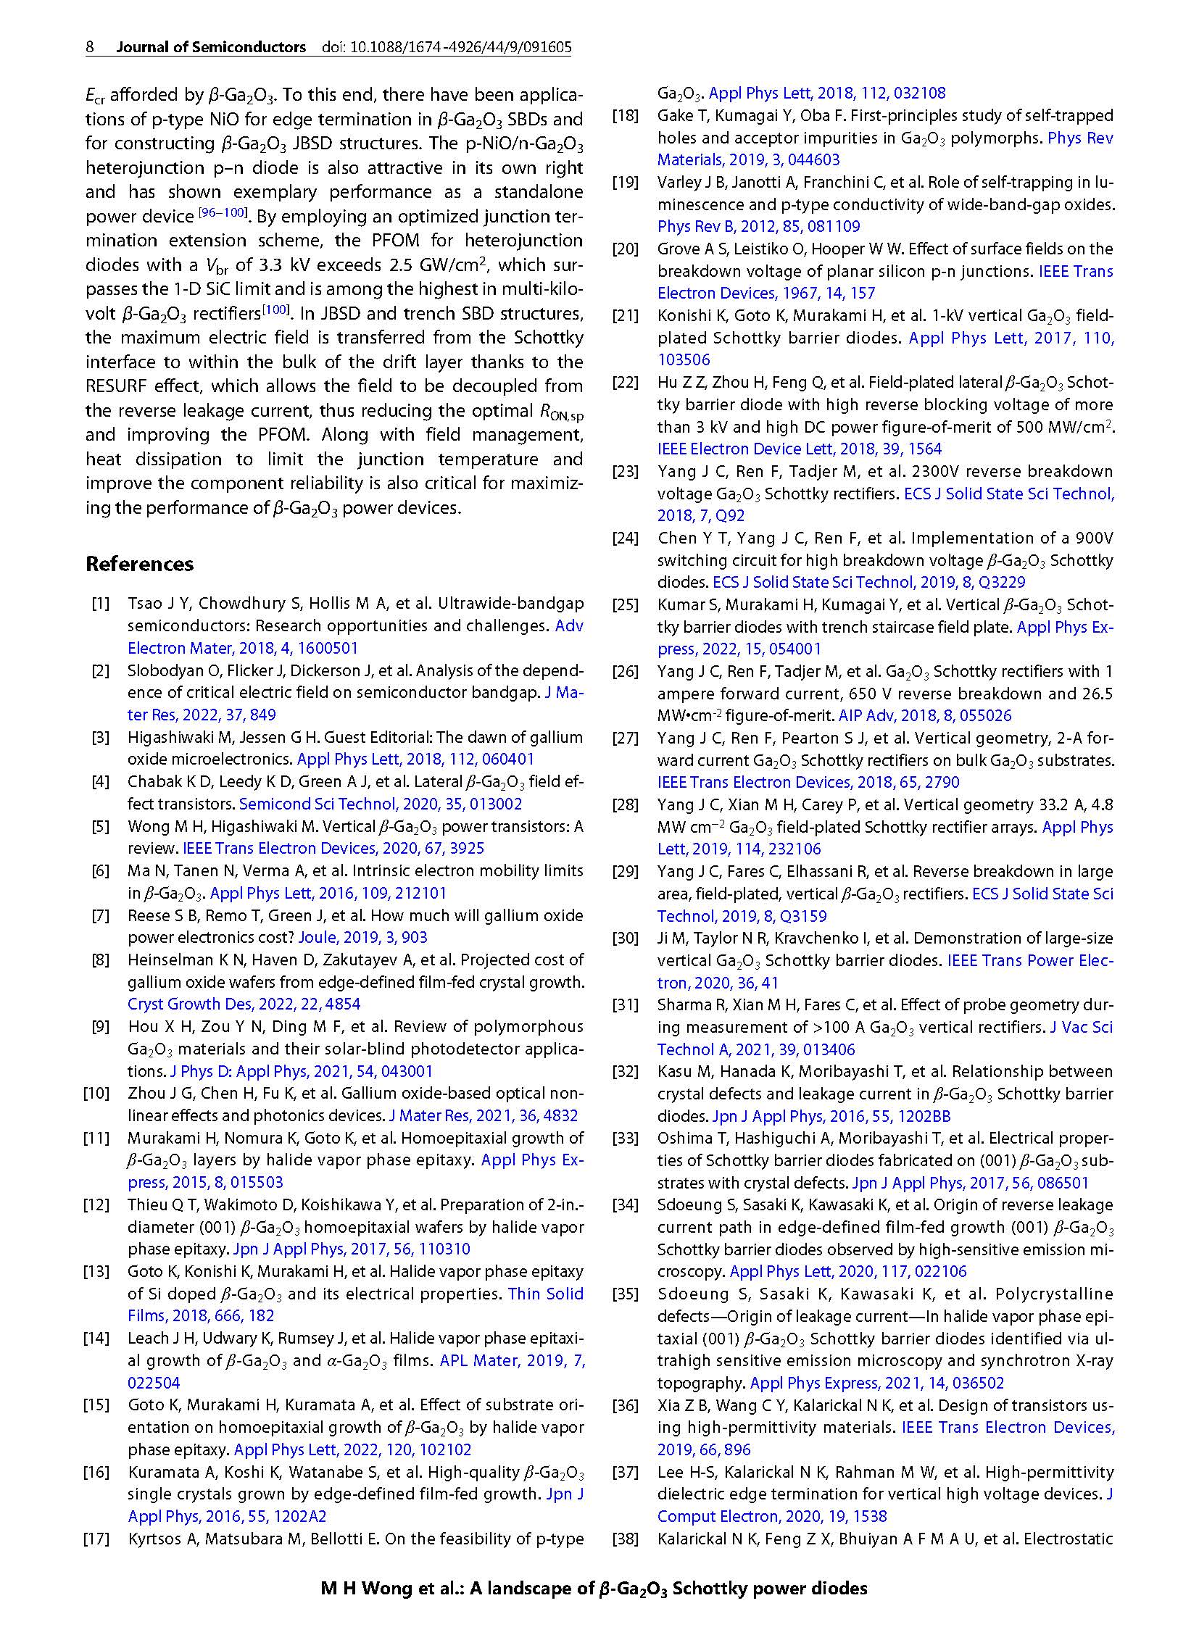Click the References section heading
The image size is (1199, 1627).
(x=139, y=564)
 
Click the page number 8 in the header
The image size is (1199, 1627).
(x=90, y=47)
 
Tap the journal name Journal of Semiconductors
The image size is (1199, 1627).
(x=211, y=47)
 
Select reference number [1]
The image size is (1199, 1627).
(x=100, y=603)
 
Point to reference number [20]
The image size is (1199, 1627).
(x=625, y=249)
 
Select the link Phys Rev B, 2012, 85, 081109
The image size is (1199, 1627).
(x=758, y=226)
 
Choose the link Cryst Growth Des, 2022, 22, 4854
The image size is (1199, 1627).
(x=244, y=1004)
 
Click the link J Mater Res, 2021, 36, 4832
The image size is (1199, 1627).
(x=484, y=1115)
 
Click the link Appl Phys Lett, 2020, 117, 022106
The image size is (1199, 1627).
(x=847, y=1271)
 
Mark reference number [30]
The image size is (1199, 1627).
(x=625, y=939)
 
